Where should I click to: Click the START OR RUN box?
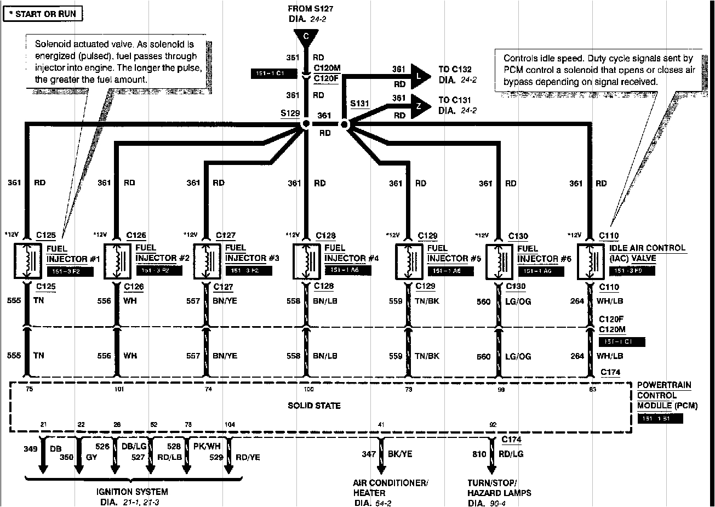click(x=43, y=14)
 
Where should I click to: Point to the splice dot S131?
click(x=344, y=125)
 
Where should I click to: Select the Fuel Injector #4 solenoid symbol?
click(x=305, y=260)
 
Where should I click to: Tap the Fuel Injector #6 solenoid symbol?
click(x=498, y=260)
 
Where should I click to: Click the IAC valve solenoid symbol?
click(x=591, y=260)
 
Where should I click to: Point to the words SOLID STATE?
click(x=314, y=406)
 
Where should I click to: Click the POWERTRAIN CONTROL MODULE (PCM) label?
click(x=663, y=396)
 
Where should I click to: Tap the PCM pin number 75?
click(x=29, y=389)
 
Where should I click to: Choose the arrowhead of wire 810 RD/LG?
click(x=491, y=469)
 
